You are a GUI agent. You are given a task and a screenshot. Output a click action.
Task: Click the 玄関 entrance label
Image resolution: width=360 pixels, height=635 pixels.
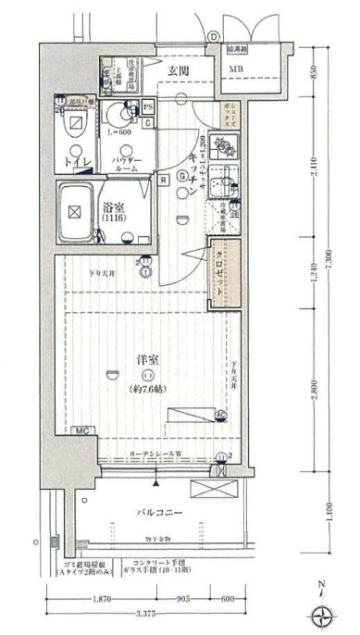coord(179,70)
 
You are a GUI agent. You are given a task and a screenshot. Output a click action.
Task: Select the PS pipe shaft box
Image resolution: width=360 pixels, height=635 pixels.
coord(148,106)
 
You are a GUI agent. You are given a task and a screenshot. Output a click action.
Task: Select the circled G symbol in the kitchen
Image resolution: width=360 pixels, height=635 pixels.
coord(182,177)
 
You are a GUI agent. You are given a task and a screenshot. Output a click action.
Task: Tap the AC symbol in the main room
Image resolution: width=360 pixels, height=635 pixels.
coord(221,414)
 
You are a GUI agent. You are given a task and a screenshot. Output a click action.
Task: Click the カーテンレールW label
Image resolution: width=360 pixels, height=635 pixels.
coord(154,454)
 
